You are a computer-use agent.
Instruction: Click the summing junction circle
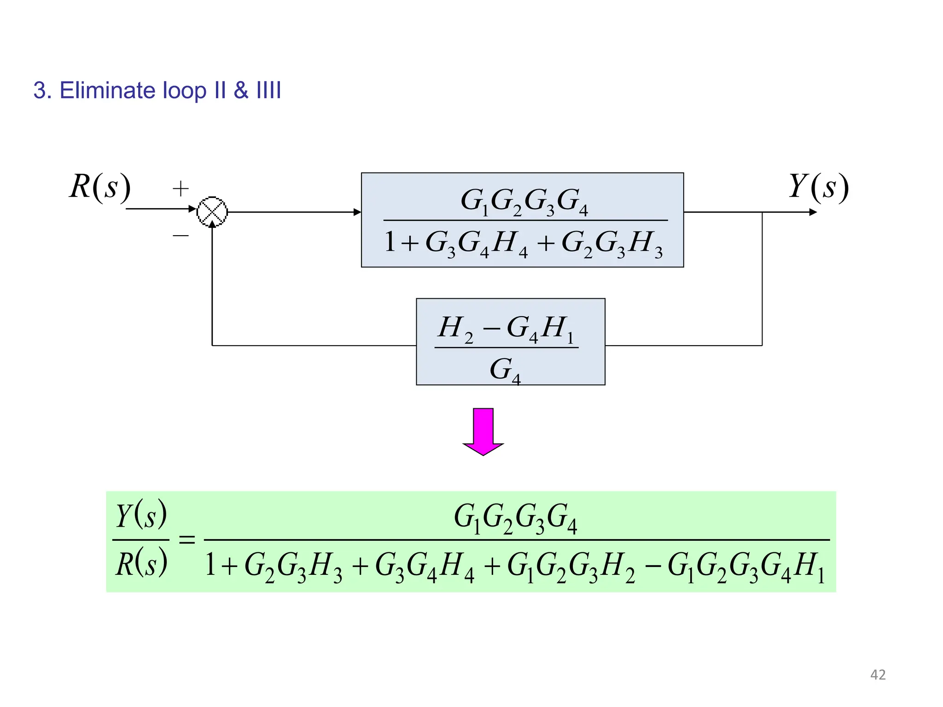(x=212, y=212)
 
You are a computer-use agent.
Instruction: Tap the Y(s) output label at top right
(x=818, y=187)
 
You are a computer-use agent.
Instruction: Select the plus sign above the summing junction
(x=180, y=189)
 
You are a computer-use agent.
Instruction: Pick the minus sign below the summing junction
(x=180, y=236)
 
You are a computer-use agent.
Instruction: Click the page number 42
(x=878, y=675)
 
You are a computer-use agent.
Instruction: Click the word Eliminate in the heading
(x=107, y=90)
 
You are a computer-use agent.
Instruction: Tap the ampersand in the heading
(x=241, y=90)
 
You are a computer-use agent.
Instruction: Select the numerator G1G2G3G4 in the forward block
(x=524, y=202)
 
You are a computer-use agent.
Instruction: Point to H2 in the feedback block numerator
(x=455, y=329)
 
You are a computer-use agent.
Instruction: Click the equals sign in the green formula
(x=187, y=539)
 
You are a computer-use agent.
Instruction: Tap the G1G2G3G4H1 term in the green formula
(x=746, y=567)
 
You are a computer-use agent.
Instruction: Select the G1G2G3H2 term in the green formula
(x=570, y=567)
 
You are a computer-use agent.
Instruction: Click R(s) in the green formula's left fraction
(x=141, y=564)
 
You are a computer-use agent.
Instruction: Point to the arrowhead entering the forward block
(x=357, y=212)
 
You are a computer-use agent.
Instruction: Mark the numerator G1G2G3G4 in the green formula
(x=515, y=517)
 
